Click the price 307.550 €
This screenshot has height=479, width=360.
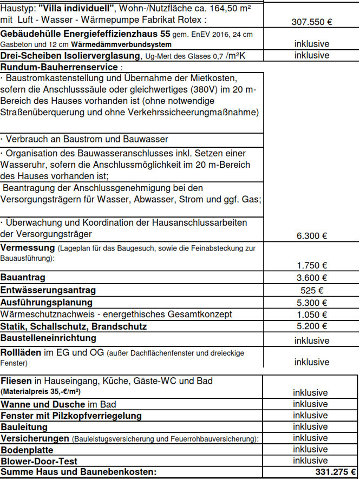312,22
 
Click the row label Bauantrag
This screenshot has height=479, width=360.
23,278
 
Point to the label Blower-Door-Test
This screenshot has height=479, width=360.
39,461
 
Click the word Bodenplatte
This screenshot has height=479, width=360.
28,450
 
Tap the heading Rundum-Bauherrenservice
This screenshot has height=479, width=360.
59,67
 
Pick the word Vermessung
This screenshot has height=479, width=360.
27,247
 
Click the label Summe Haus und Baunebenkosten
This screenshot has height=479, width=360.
78,473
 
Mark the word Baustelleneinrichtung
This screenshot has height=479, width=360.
48,338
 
